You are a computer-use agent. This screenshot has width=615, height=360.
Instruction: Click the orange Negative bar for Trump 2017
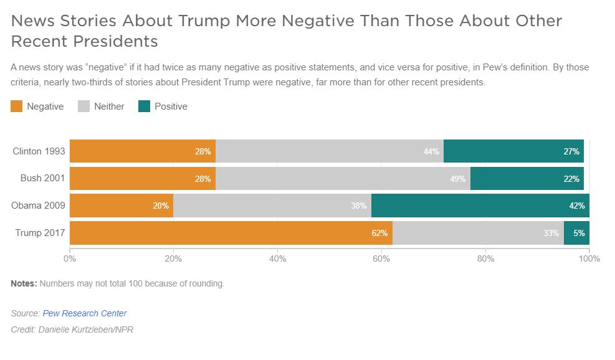(231, 233)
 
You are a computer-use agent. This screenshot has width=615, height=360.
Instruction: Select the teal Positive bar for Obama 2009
(480, 206)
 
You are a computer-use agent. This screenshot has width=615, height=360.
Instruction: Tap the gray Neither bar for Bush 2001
(343, 179)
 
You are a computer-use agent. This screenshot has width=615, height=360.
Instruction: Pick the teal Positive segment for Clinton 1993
(513, 151)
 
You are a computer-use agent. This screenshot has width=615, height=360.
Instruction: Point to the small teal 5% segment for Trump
(576, 233)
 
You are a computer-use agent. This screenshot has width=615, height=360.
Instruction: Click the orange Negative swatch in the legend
(17, 107)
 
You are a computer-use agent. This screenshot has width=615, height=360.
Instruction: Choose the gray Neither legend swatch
(84, 107)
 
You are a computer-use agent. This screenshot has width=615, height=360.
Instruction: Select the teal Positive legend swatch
(145, 107)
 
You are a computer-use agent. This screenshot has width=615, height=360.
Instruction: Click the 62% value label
(380, 234)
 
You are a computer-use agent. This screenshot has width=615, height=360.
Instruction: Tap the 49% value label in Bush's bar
(458, 179)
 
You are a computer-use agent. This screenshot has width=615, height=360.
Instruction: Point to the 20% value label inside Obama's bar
(161, 206)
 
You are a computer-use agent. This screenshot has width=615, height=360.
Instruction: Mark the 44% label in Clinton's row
(431, 152)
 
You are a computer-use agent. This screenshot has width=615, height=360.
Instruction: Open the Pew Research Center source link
(84, 313)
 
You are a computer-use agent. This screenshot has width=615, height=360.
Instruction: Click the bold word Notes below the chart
(24, 283)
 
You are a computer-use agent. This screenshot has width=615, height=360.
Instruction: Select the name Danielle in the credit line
(54, 329)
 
